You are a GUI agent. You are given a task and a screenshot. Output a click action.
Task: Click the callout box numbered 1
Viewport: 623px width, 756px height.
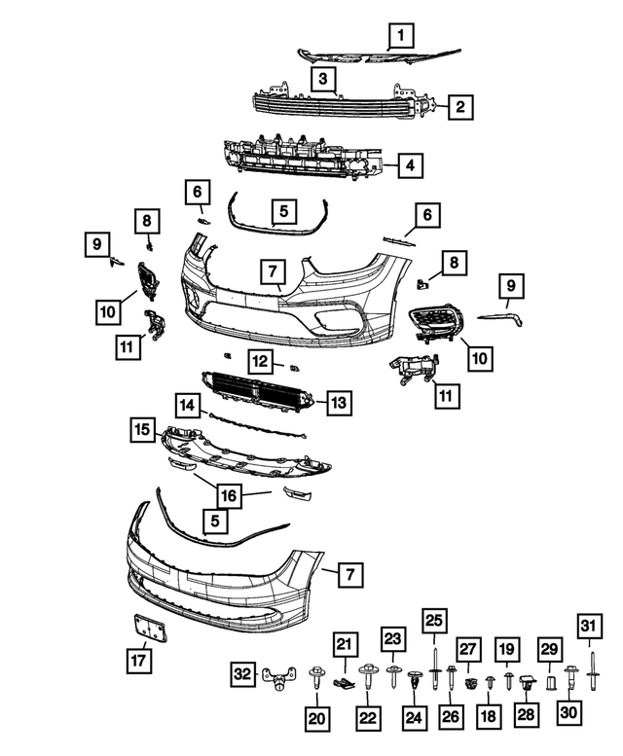pyautogui.click(x=399, y=38)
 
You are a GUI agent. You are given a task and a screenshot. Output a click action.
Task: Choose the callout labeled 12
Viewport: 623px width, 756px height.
pyautogui.click(x=260, y=361)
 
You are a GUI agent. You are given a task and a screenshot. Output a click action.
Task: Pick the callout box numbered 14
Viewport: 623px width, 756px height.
pyautogui.click(x=188, y=403)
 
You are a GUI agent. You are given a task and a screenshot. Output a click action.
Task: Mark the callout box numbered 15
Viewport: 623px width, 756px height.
pyautogui.click(x=143, y=429)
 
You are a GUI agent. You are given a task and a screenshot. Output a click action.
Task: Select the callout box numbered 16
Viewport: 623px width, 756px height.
pyautogui.click(x=228, y=495)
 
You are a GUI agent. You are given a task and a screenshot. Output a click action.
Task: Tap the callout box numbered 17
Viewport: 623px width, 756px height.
pyautogui.click(x=138, y=661)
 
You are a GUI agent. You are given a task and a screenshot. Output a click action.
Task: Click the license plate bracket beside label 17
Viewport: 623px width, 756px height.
pyautogui.click(x=150, y=629)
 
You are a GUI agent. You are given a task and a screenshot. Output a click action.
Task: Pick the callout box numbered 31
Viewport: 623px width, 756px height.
pyautogui.click(x=589, y=625)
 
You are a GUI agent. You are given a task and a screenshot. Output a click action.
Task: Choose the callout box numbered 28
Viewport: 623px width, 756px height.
pyautogui.click(x=527, y=714)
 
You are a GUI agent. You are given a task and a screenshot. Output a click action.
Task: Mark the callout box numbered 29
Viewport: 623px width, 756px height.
pyautogui.click(x=549, y=649)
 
